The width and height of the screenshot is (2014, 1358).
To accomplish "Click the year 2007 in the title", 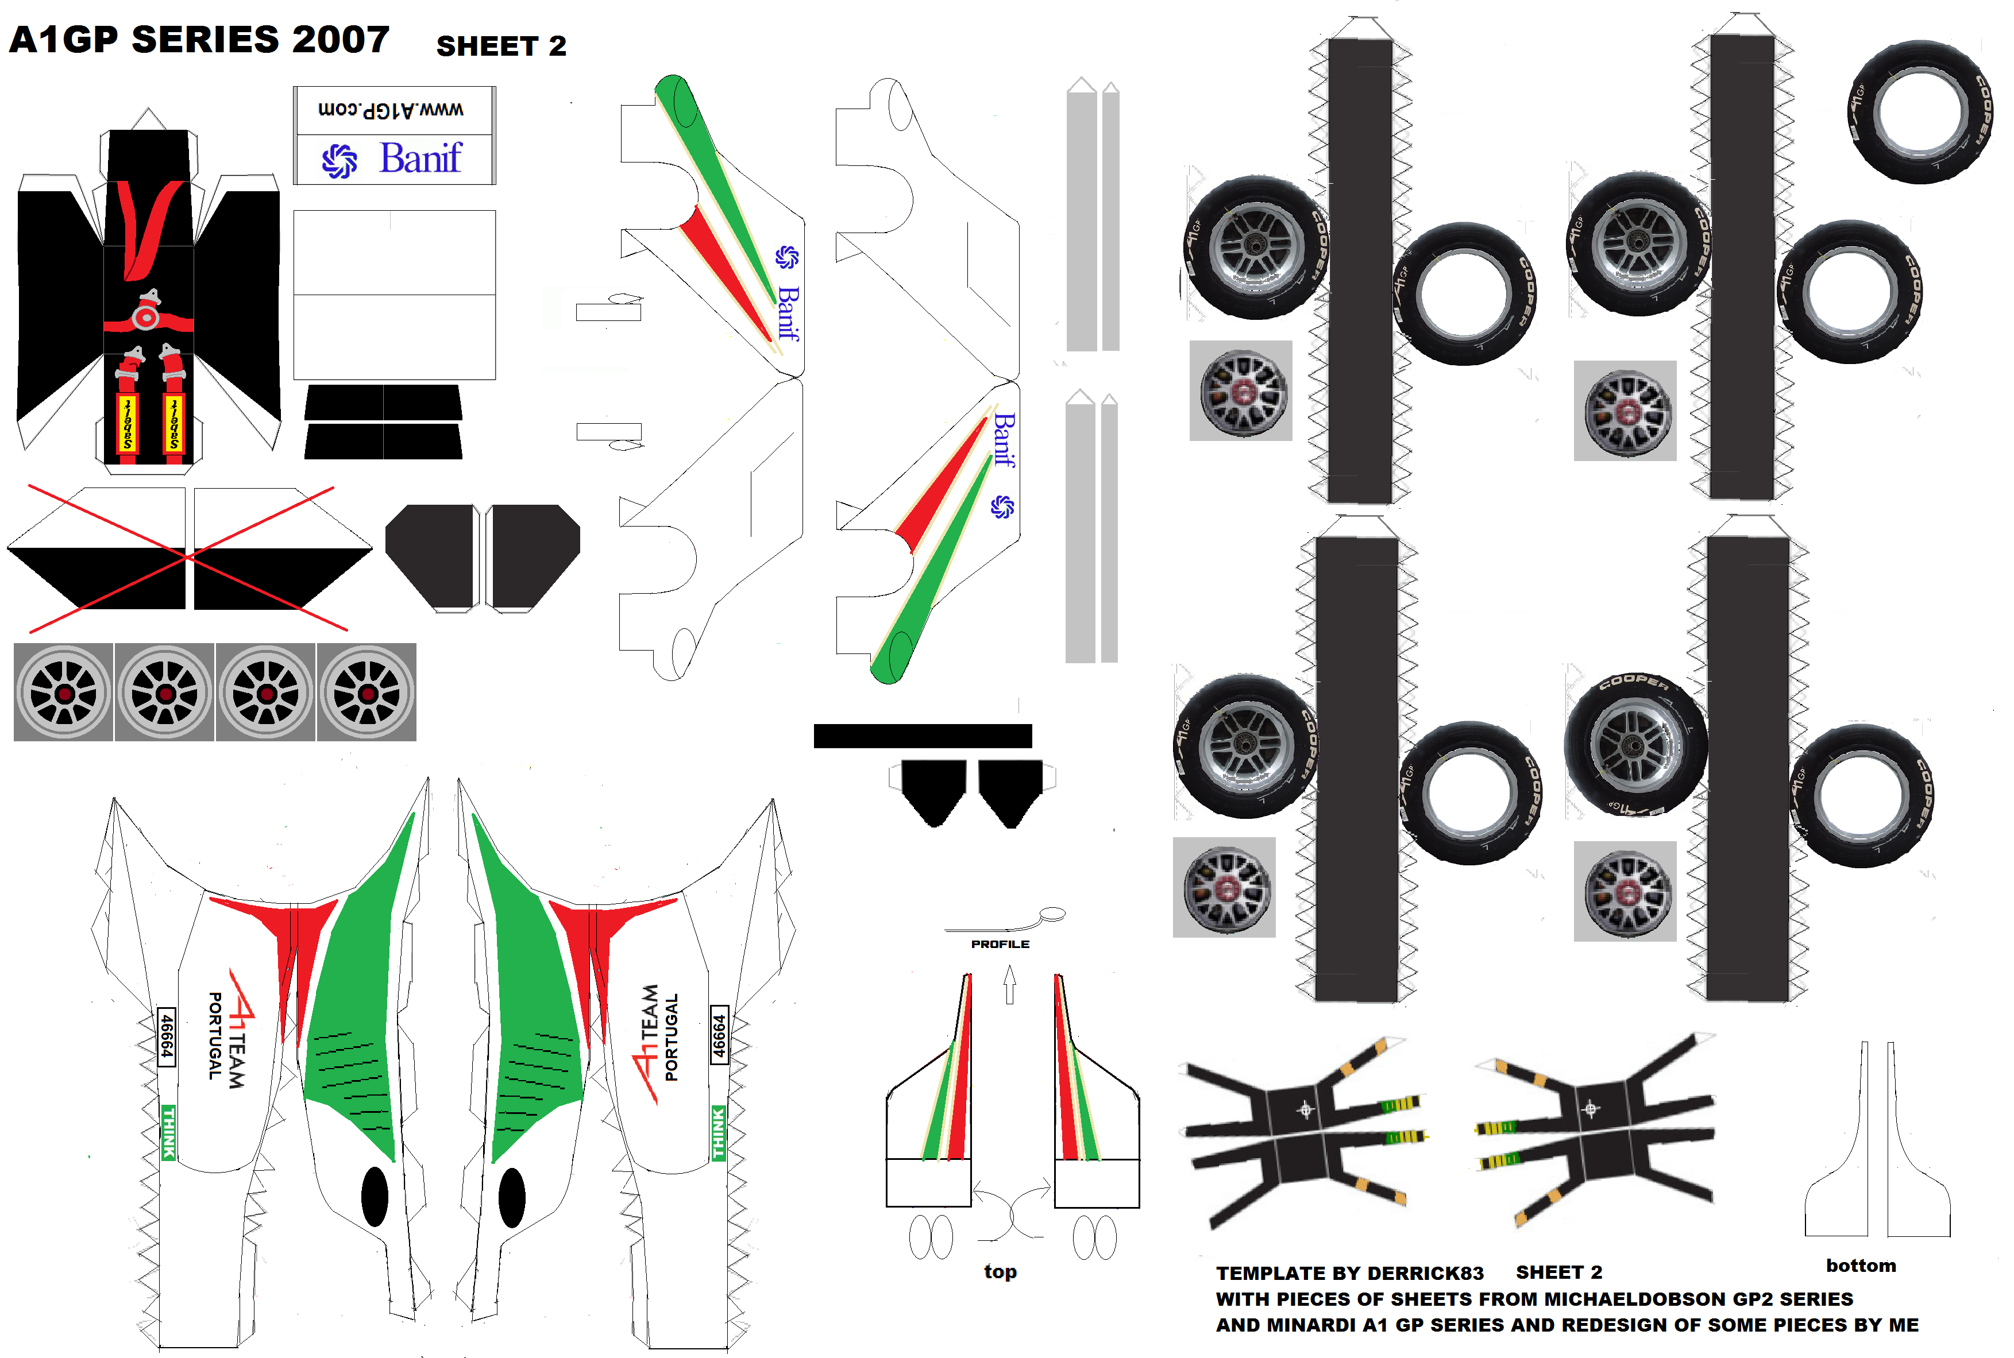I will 341,40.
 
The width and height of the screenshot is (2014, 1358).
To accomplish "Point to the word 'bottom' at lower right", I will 1861,1266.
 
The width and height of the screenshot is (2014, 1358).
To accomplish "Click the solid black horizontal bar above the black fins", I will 923,736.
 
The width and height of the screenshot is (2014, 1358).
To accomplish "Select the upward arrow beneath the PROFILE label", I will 1009,985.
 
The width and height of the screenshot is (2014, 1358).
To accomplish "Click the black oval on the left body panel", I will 374,1197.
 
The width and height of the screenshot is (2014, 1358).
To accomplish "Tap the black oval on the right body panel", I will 512,1197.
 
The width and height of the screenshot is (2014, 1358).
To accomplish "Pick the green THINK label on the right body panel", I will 718,1133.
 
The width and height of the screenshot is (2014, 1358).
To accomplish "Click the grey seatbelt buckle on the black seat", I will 146,317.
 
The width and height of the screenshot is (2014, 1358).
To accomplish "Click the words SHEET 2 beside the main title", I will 501,46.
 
